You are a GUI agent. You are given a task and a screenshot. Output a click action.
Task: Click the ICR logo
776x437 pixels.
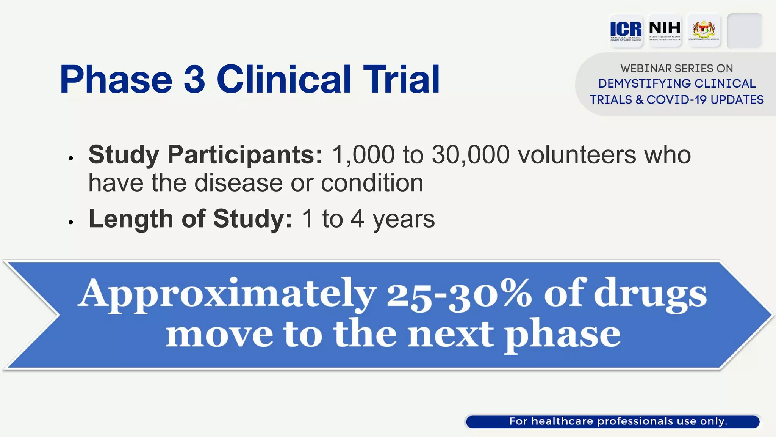(626, 30)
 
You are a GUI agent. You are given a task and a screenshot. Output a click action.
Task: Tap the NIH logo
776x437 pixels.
(665, 30)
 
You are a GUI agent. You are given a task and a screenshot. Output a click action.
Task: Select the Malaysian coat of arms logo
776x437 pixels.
(704, 30)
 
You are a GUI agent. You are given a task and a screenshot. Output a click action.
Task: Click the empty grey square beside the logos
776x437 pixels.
(744, 31)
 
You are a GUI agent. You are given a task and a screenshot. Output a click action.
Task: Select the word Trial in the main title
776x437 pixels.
(401, 79)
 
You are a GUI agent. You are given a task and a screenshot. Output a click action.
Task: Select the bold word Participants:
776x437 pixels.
(245, 155)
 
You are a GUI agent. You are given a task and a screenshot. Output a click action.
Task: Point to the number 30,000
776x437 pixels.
(471, 155)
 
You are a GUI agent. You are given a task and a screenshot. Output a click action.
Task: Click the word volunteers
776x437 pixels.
(577, 155)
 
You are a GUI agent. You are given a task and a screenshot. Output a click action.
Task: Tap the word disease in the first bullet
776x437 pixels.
(239, 183)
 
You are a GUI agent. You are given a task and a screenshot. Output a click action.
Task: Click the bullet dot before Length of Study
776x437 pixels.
(71, 222)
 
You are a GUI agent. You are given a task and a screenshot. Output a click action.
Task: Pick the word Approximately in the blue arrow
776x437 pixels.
(227, 295)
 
